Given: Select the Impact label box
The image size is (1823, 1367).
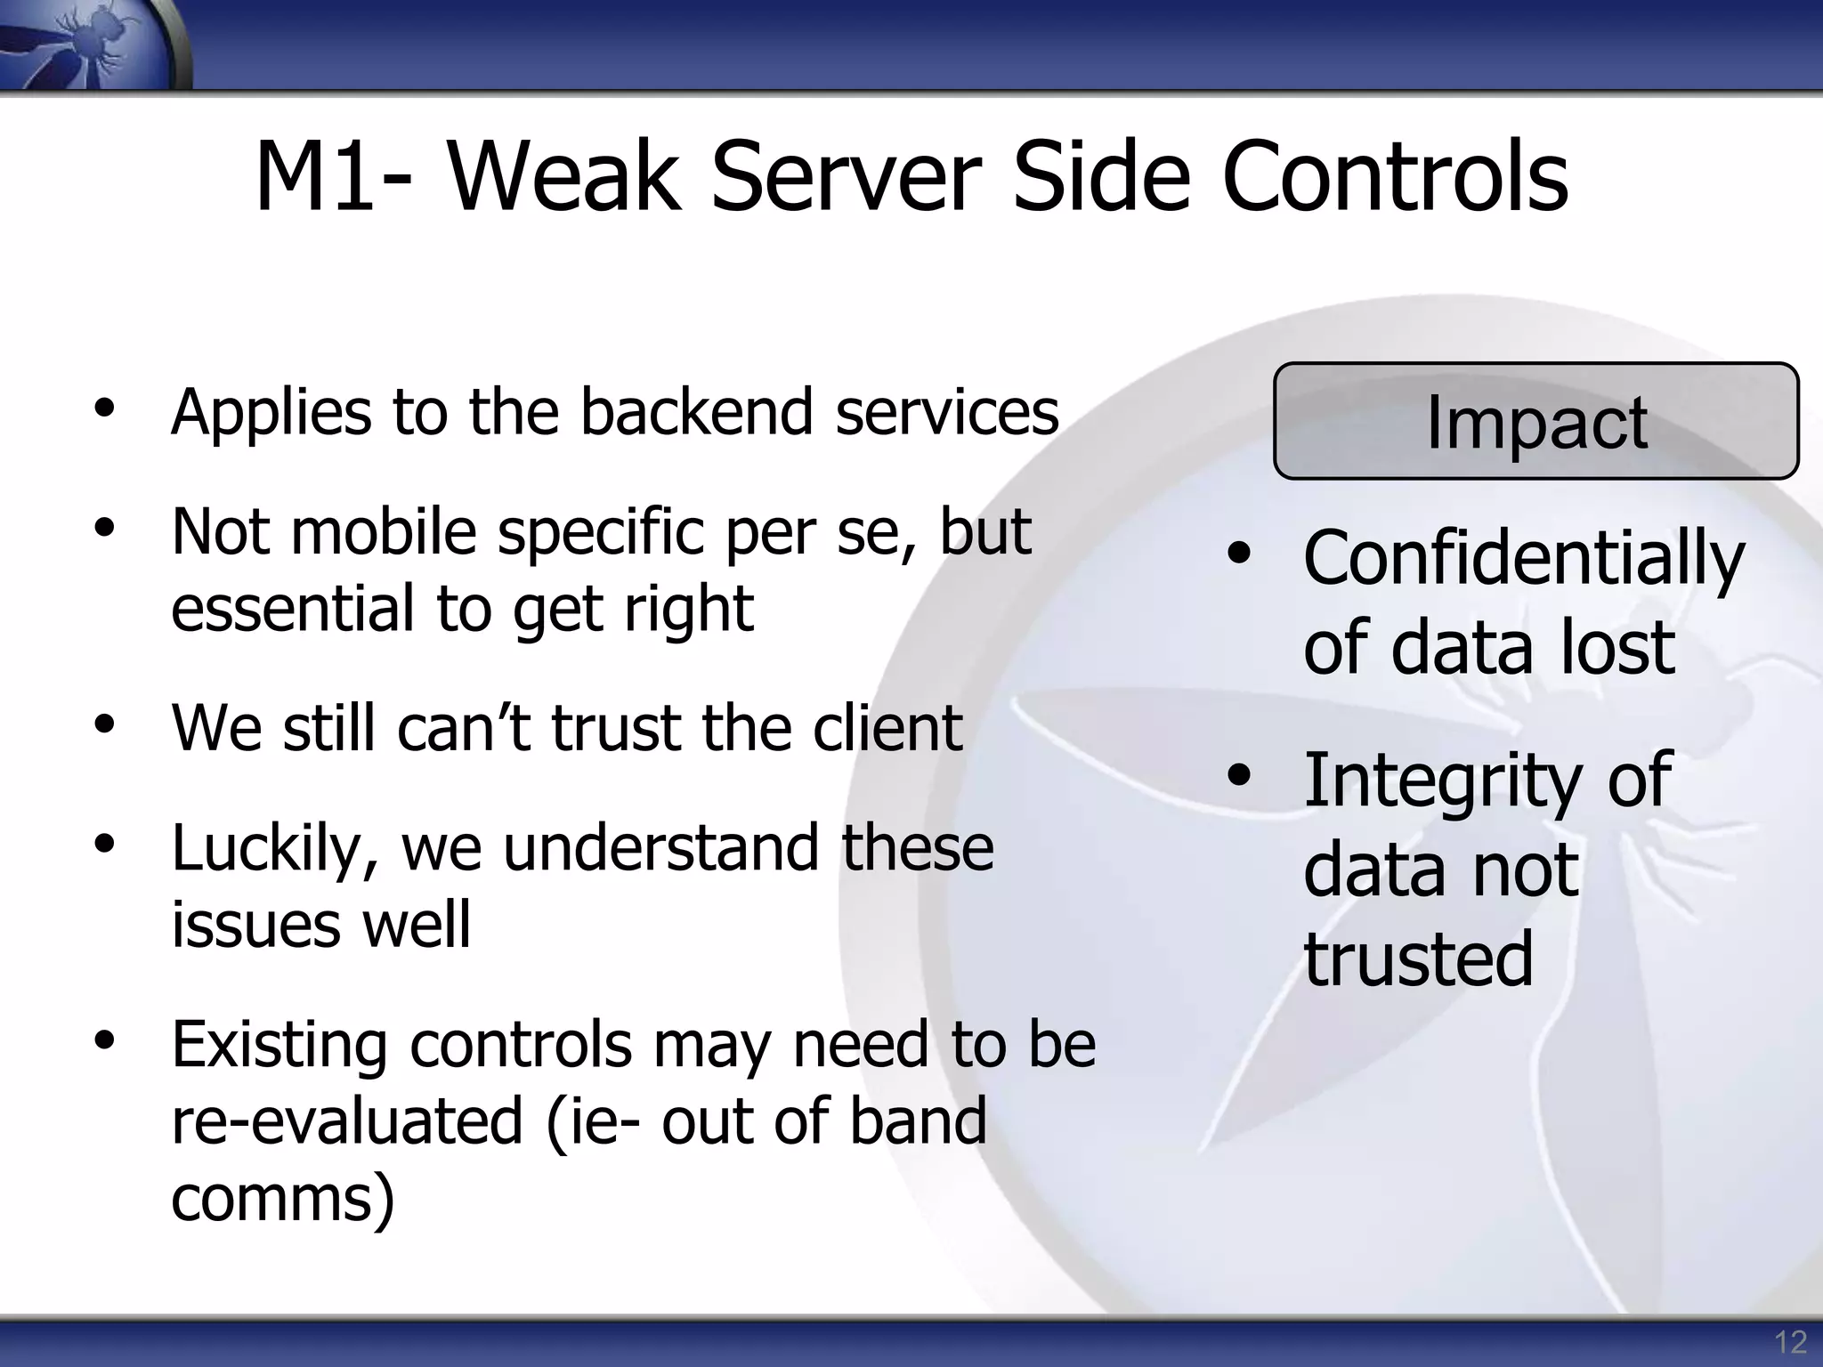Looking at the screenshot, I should click(1535, 421).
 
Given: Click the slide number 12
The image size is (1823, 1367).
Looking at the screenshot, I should click(1790, 1341).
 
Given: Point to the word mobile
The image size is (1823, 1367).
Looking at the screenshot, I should click(384, 531).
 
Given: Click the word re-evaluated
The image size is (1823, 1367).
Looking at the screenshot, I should click(347, 1120).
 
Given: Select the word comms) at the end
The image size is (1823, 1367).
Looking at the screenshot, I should click(283, 1199).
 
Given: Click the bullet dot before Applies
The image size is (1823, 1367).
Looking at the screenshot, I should click(105, 408).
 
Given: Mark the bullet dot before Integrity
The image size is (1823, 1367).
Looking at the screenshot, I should click(1238, 775).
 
